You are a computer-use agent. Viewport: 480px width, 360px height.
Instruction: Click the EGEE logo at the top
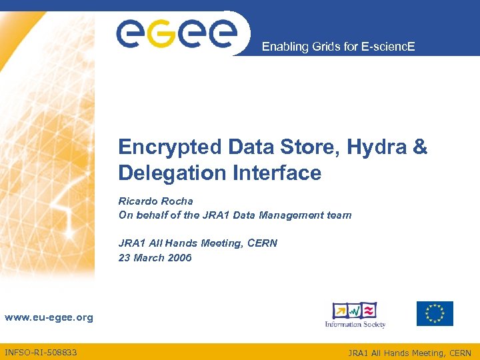[176, 32]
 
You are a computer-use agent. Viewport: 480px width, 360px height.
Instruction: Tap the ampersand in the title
[420, 147]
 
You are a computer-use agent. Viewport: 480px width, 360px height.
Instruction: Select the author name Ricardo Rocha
[156, 201]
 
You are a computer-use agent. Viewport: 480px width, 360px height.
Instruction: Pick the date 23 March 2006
[155, 257]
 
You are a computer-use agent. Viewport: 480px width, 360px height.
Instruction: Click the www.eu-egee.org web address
[49, 317]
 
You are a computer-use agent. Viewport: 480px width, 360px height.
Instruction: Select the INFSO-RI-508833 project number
[41, 352]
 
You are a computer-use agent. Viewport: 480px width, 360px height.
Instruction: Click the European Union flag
[435, 313]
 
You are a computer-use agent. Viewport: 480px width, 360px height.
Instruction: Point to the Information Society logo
[355, 315]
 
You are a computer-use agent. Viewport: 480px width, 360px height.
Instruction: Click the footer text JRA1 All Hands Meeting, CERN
[409, 353]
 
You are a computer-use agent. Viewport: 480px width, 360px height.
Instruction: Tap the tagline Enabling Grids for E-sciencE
[338, 47]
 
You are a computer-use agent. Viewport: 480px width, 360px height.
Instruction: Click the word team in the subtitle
[339, 215]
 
